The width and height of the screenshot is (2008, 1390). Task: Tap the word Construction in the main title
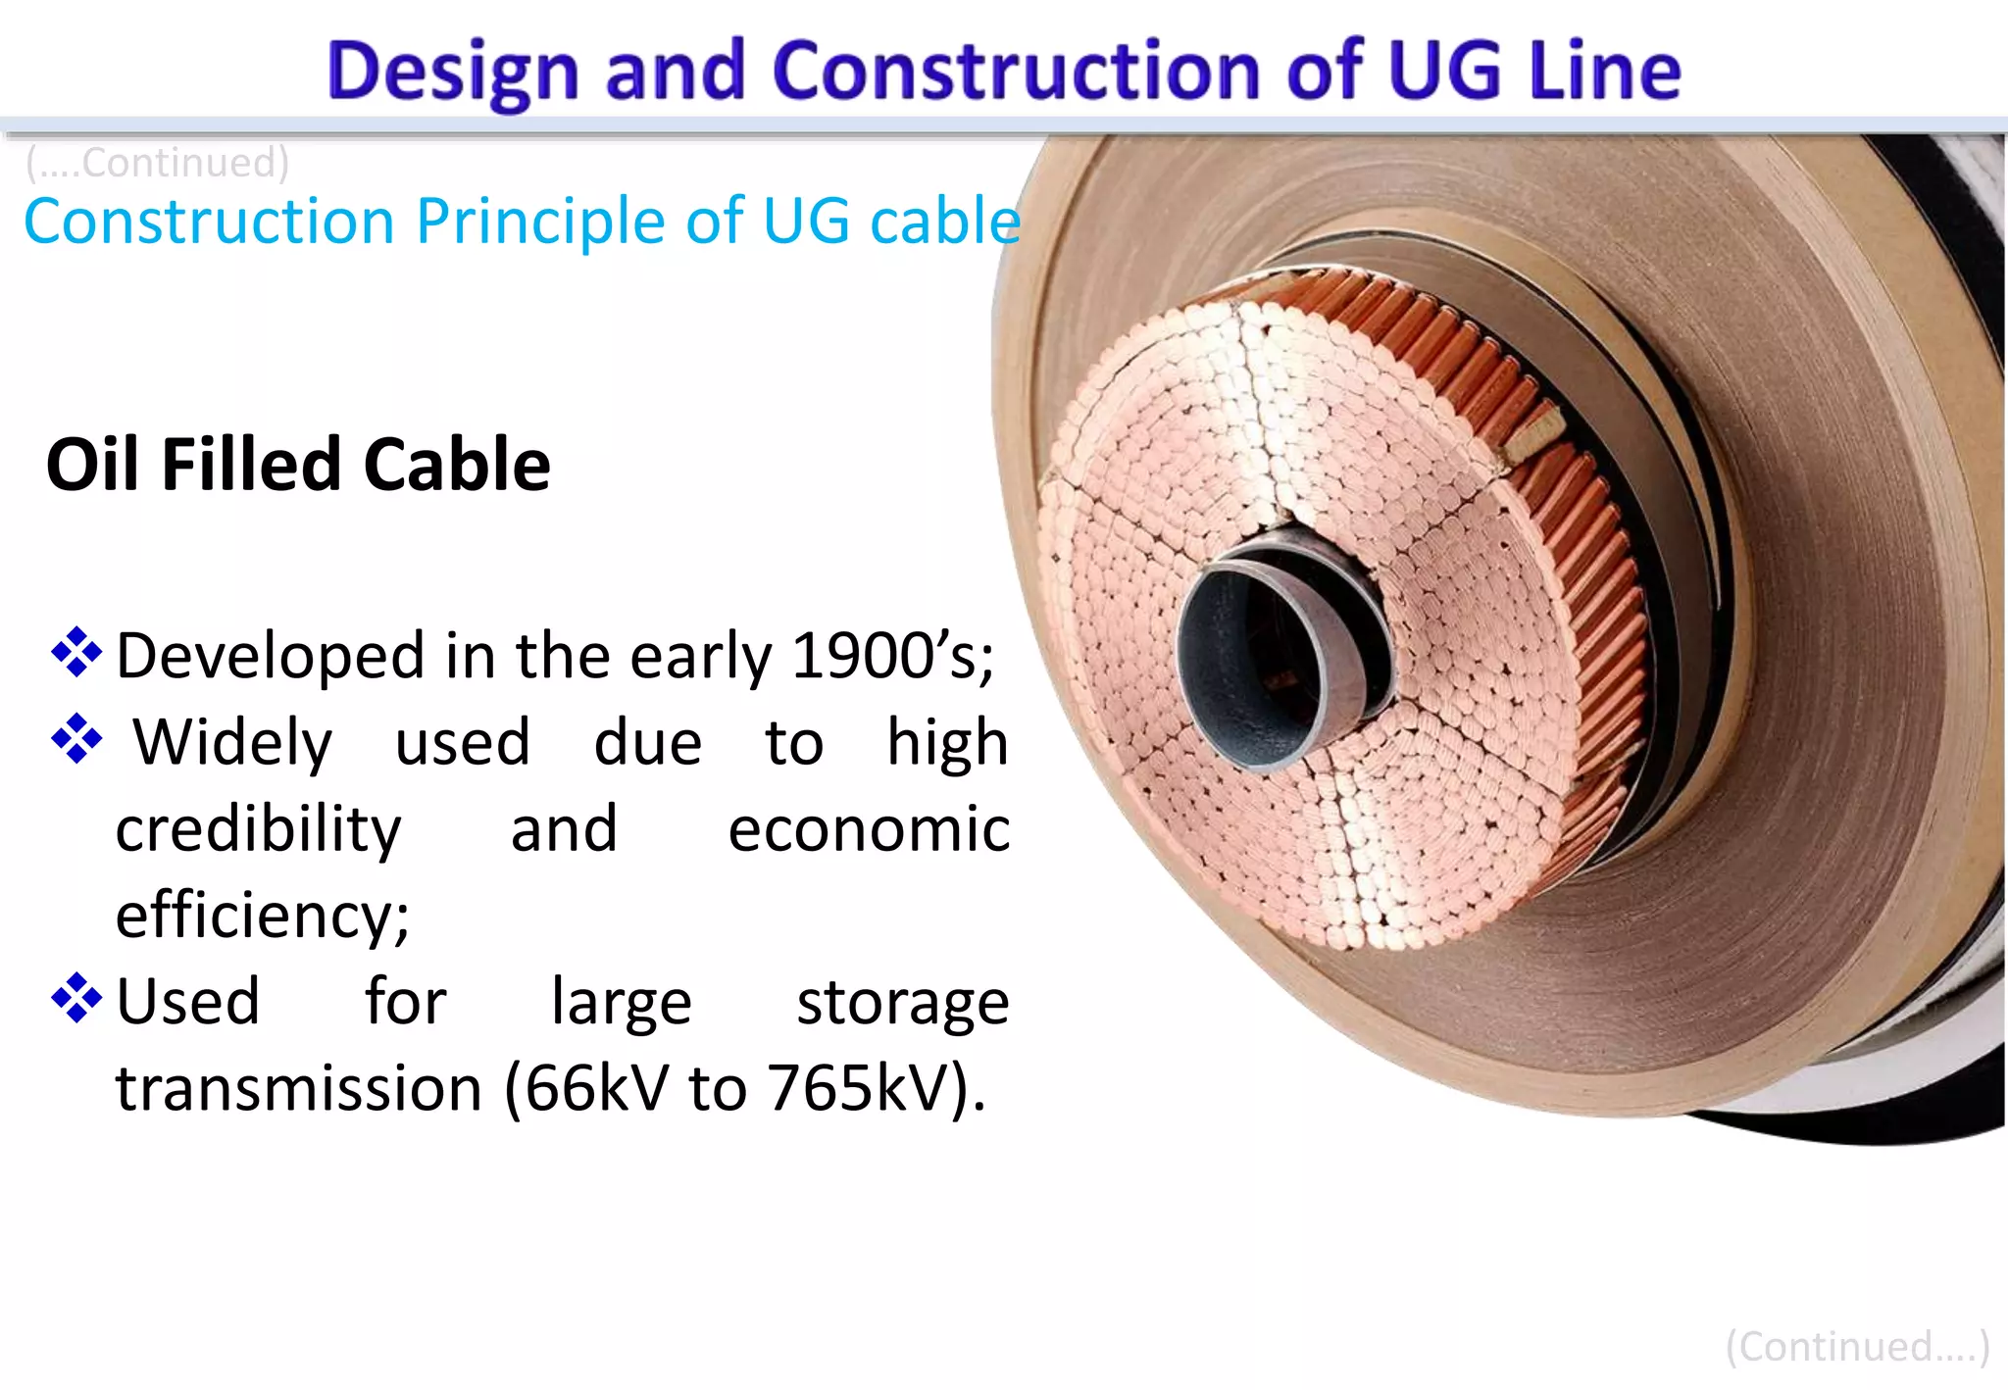point(1016,71)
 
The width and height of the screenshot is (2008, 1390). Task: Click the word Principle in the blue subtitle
point(540,221)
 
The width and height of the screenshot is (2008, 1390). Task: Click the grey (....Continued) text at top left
point(157,162)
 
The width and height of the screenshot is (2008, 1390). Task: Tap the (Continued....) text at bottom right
point(1857,1347)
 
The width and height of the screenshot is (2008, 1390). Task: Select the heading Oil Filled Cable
point(298,464)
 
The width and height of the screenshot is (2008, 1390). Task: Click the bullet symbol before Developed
point(76,653)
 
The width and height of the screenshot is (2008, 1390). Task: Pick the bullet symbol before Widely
point(76,739)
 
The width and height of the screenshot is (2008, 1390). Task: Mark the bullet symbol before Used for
point(76,998)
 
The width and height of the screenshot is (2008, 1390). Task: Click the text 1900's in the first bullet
point(890,655)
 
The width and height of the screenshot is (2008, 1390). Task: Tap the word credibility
point(259,829)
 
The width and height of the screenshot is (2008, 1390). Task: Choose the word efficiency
point(262,916)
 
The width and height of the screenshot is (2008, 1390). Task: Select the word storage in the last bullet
point(902,1002)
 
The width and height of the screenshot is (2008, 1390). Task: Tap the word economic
point(869,829)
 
